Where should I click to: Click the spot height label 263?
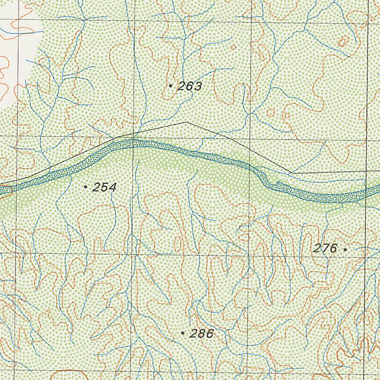pyautogui.click(x=190, y=86)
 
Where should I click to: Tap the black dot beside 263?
pyautogui.click(x=170, y=86)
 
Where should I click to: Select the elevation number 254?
pyautogui.click(x=105, y=187)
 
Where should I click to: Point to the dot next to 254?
pyautogui.click(x=86, y=187)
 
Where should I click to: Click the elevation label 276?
pyautogui.click(x=325, y=248)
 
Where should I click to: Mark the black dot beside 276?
pyautogui.click(x=345, y=250)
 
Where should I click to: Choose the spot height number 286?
pyautogui.click(x=202, y=334)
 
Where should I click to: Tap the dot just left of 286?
pyautogui.click(x=183, y=333)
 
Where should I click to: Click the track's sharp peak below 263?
pyautogui.click(x=186, y=122)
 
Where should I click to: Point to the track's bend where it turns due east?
pyautogui.click(x=292, y=173)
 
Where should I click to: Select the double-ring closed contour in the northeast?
pyautogui.click(x=342, y=42)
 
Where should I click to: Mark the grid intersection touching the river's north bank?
pyautogui.click(x=133, y=138)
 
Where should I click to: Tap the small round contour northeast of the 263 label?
pyautogui.click(x=233, y=47)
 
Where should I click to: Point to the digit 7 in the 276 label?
pyautogui.click(x=325, y=248)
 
